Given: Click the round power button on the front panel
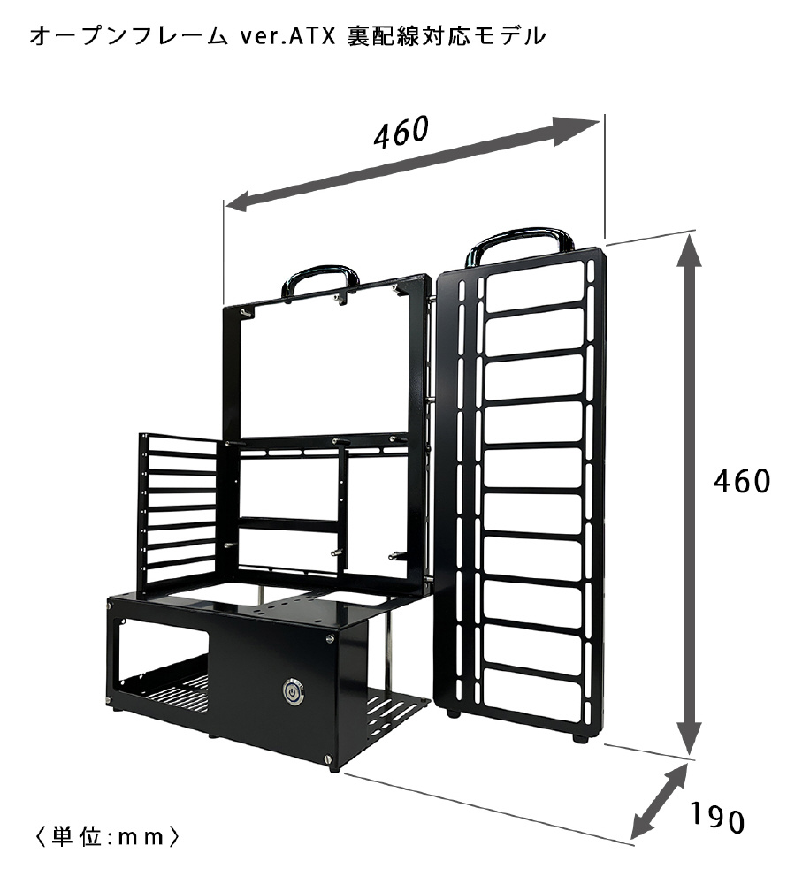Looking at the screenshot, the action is click(x=292, y=692).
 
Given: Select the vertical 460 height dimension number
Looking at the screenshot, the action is click(x=741, y=482).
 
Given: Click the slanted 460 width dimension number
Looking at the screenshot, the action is click(x=401, y=133).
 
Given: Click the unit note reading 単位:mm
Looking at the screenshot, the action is click(x=107, y=836).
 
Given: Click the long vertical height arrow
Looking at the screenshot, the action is click(x=689, y=494).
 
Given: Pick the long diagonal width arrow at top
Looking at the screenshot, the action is click(x=412, y=164).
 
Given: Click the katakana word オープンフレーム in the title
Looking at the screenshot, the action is click(x=128, y=36).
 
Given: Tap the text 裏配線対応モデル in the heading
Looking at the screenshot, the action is click(x=447, y=36).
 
